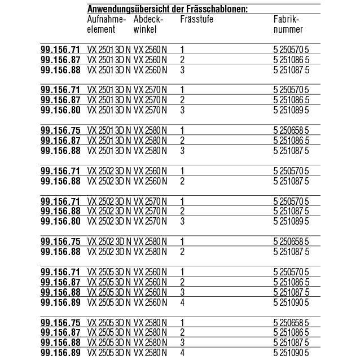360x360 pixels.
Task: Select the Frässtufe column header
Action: pyautogui.click(x=196, y=20)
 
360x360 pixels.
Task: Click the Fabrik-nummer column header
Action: pyautogui.click(x=287, y=24)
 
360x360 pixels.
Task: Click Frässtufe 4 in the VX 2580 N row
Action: pyautogui.click(x=182, y=353)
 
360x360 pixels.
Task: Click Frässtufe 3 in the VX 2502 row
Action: pyautogui.click(x=182, y=221)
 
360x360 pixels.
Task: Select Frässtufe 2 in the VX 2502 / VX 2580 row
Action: pyautogui.click(x=182, y=252)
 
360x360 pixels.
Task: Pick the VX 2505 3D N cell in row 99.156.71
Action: pyautogui.click(x=109, y=273)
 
